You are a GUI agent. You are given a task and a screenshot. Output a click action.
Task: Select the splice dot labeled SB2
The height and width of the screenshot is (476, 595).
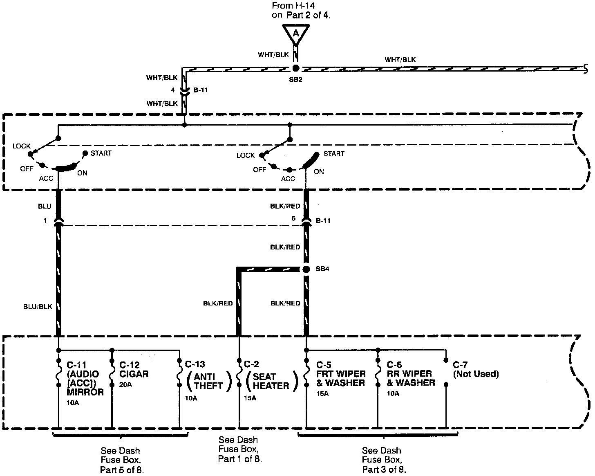point(296,68)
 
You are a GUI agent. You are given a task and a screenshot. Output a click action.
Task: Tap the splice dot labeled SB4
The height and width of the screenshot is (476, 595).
point(305,269)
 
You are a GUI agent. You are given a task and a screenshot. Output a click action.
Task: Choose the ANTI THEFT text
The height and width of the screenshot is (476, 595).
point(208,381)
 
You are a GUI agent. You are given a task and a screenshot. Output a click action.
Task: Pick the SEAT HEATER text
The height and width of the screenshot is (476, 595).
point(271,381)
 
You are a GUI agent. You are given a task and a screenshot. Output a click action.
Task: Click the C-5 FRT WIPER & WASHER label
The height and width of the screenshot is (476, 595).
point(340,374)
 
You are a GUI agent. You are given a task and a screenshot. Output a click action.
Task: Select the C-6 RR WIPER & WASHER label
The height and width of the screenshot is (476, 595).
point(411,374)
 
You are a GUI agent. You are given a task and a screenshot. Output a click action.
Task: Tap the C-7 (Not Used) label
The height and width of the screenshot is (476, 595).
point(476,369)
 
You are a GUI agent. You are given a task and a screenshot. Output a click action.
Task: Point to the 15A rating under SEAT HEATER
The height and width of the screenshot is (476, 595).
point(250,398)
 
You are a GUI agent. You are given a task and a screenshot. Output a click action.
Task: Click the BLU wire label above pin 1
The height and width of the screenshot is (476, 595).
point(45,207)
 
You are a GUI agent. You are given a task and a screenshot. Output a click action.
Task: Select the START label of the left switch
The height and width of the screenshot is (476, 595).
point(101,153)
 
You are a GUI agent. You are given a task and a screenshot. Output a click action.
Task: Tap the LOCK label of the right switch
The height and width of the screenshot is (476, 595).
point(246,155)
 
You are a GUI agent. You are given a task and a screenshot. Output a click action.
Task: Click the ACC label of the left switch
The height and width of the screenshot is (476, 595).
point(46,178)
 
